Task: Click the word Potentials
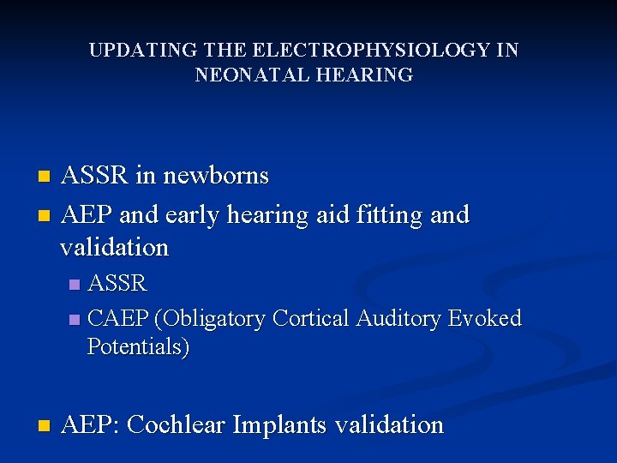pyautogui.click(x=137, y=347)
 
